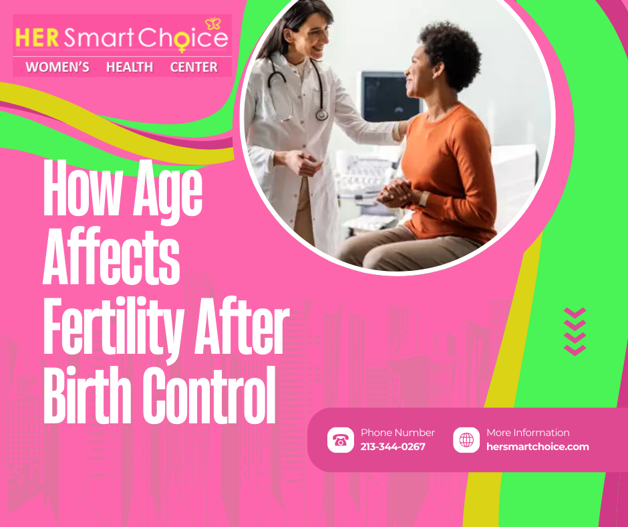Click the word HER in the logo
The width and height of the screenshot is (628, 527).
pyautogui.click(x=38, y=38)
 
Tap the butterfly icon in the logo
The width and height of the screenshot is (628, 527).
pyautogui.click(x=214, y=24)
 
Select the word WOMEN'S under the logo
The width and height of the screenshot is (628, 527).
pyautogui.click(x=57, y=68)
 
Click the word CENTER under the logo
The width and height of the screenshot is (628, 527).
pyautogui.click(x=194, y=68)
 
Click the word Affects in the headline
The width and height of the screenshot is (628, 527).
pyautogui.click(x=111, y=259)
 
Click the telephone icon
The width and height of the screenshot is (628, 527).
pyautogui.click(x=341, y=440)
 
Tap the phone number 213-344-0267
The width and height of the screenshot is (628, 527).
pyautogui.click(x=393, y=447)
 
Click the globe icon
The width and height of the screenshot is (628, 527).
pyautogui.click(x=466, y=440)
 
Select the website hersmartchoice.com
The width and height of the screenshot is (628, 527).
pyautogui.click(x=538, y=447)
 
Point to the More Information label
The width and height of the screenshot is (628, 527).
pyautogui.click(x=528, y=433)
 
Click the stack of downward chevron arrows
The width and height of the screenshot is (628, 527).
pyautogui.click(x=575, y=331)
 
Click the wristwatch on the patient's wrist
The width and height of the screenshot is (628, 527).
pyautogui.click(x=424, y=199)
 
